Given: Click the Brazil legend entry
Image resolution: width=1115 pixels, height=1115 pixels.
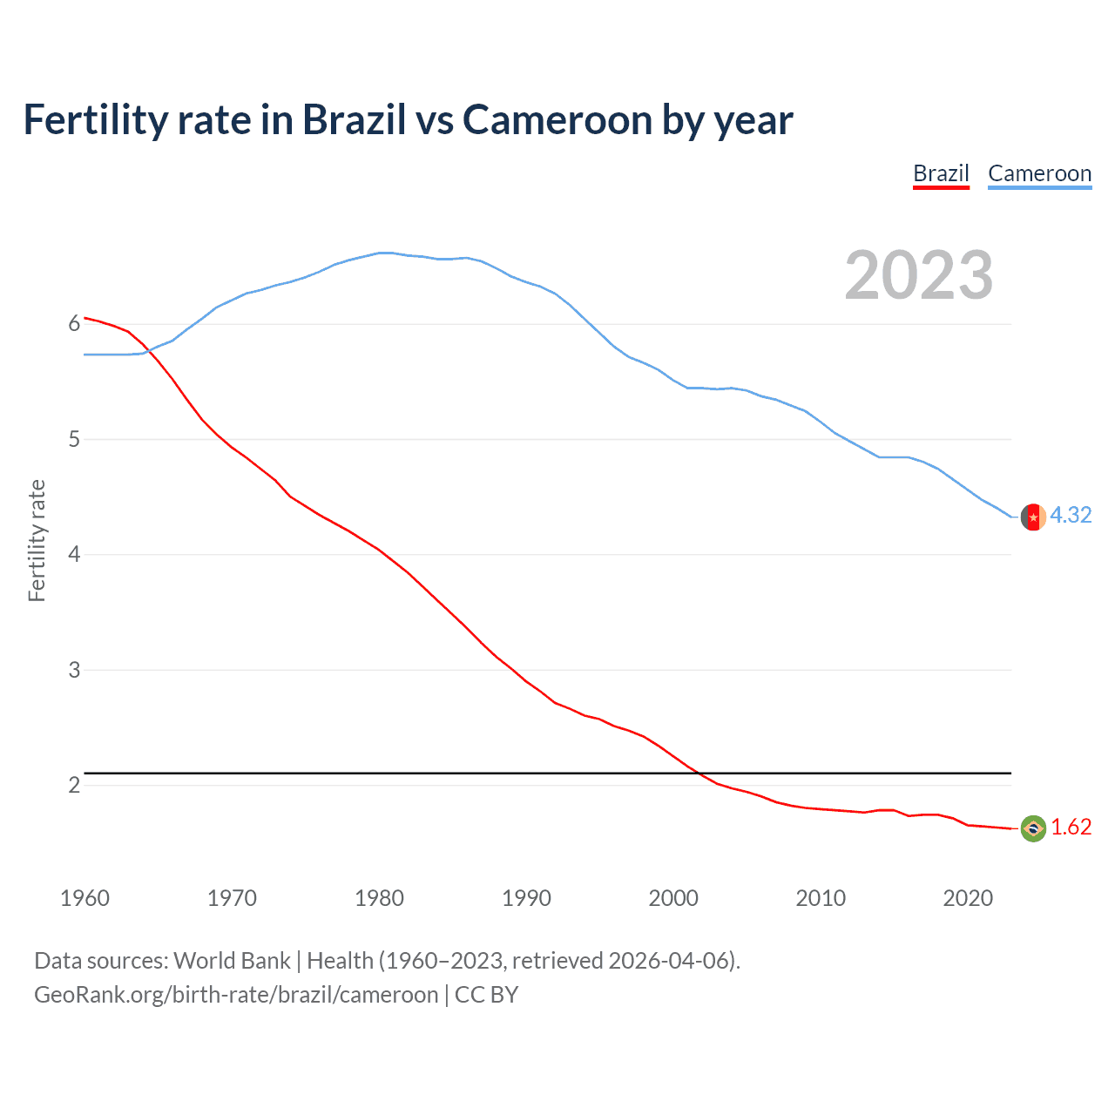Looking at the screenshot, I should (941, 174).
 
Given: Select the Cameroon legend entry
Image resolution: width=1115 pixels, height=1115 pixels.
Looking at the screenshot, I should (1039, 174).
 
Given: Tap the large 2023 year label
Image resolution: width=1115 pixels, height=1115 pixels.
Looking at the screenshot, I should (919, 275).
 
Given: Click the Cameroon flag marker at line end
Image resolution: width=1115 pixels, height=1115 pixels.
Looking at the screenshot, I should (1033, 517).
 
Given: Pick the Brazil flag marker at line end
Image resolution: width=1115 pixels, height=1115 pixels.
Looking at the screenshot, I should (1033, 828).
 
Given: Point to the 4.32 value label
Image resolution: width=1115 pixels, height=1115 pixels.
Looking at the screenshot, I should (1071, 516).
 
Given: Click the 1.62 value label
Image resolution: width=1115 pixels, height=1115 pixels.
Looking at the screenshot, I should (1071, 828).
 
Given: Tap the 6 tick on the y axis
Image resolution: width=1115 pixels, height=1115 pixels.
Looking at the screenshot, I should (74, 324).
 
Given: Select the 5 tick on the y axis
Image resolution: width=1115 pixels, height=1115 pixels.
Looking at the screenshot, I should (74, 440).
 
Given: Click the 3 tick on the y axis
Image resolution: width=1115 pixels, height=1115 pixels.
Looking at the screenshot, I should (74, 671).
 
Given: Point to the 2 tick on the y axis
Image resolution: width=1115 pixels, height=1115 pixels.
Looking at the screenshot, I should (74, 786).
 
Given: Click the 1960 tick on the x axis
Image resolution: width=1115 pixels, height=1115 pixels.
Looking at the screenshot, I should (84, 898).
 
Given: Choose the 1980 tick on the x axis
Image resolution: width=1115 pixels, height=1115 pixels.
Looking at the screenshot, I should (379, 898).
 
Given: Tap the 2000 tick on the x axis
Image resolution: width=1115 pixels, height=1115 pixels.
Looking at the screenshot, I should (673, 898).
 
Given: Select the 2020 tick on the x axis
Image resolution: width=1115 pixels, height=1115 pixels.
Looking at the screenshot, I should (968, 898).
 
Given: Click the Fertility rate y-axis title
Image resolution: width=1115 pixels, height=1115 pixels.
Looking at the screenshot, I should (37, 540).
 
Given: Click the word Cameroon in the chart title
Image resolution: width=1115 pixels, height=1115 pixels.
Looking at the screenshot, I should (557, 120).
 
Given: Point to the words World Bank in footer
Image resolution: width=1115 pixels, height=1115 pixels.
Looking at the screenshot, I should (232, 961).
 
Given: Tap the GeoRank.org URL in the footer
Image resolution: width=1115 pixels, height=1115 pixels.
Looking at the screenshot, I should (236, 995).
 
